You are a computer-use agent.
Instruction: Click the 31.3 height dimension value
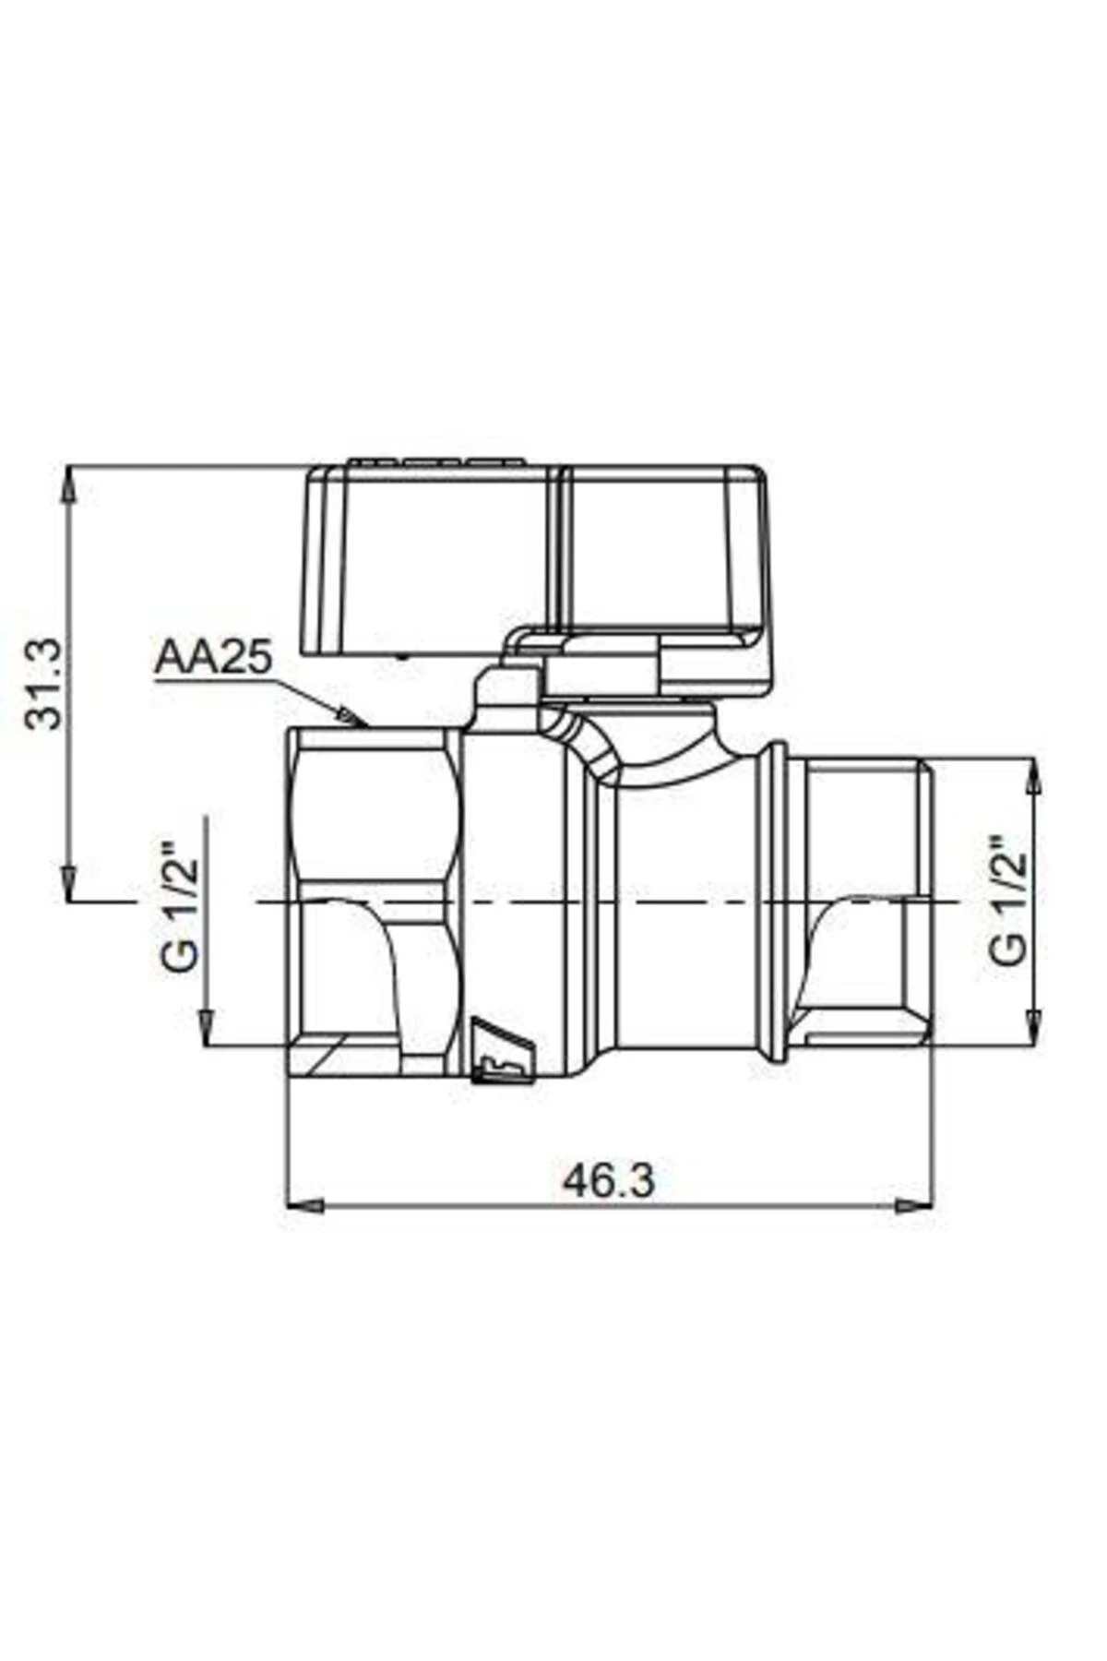pos(44,683)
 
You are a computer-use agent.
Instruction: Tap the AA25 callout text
pos(213,659)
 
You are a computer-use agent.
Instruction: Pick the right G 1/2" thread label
pos(1008,901)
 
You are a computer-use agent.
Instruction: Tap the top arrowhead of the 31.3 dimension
pos(68,484)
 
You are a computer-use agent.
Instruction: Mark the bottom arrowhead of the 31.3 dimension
pos(68,881)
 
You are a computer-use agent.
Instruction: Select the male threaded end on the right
pos(867,900)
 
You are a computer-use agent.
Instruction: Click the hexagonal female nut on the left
pos(374,900)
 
